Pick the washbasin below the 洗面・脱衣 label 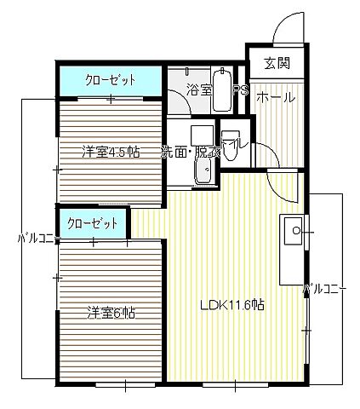tap(204, 173)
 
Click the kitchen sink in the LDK tap(291, 228)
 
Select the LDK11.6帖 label tap(231, 305)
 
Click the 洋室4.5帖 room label tap(111, 153)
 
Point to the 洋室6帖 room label tap(111, 313)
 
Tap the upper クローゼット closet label tap(111, 81)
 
